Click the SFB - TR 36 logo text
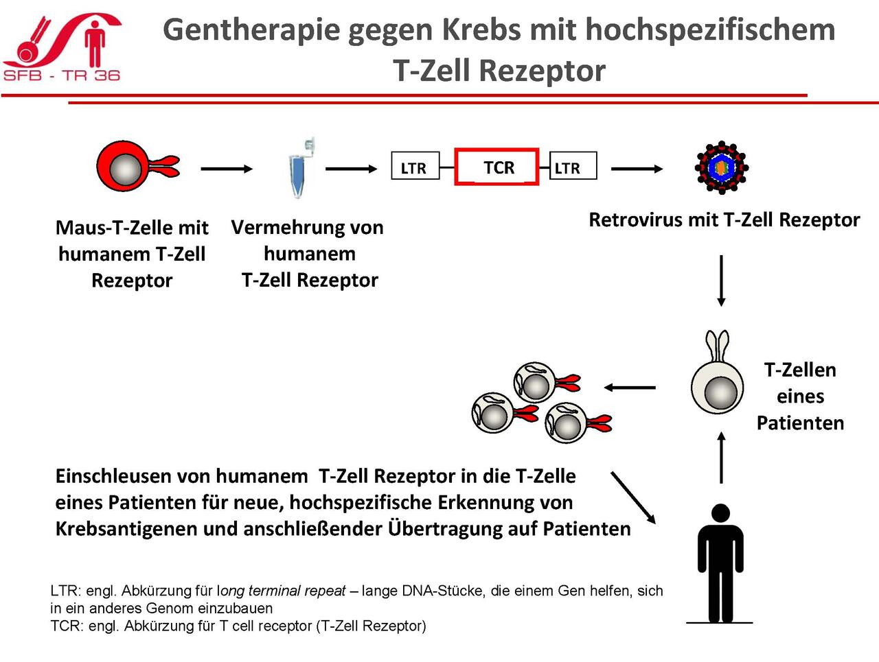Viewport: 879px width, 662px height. [x=62, y=75]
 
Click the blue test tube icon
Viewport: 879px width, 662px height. [x=301, y=168]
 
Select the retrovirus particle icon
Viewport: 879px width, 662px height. [x=722, y=167]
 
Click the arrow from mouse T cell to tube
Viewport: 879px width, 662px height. [x=227, y=169]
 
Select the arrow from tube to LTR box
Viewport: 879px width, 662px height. [x=351, y=169]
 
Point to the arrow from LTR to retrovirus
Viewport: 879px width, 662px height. [x=637, y=169]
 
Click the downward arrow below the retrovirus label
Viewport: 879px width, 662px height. [x=721, y=281]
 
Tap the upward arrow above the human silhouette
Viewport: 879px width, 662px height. [x=721, y=458]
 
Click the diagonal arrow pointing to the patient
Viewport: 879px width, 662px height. [x=633, y=497]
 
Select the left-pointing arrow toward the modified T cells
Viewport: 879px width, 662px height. [x=630, y=387]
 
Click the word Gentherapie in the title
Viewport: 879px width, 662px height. [x=251, y=31]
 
